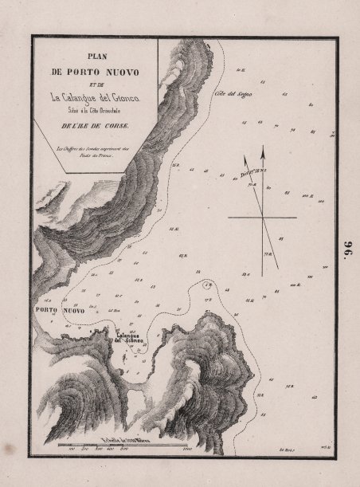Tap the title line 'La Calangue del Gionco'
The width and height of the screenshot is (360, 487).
[x=96, y=97]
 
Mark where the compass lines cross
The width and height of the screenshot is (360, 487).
[x=262, y=217]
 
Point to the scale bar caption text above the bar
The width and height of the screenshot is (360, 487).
[x=127, y=437]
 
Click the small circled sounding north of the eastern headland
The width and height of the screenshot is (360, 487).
[x=208, y=285]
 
